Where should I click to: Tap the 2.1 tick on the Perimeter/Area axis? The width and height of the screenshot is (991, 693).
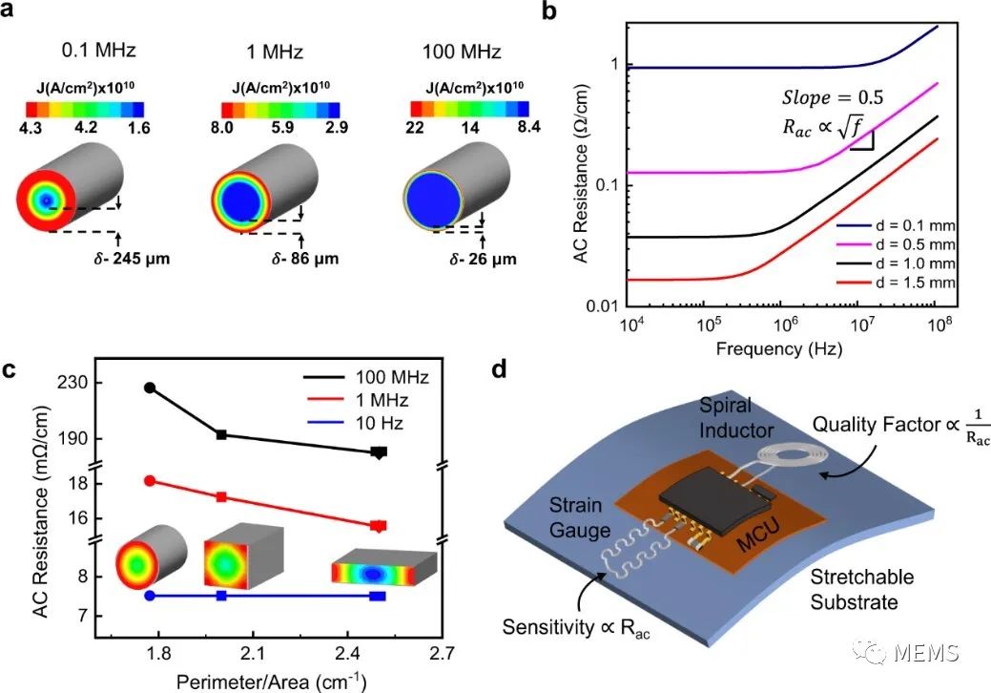coord(252,654)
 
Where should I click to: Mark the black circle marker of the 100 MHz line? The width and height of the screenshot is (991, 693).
coord(149,388)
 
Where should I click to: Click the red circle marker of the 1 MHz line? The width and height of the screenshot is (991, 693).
coord(149,480)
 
